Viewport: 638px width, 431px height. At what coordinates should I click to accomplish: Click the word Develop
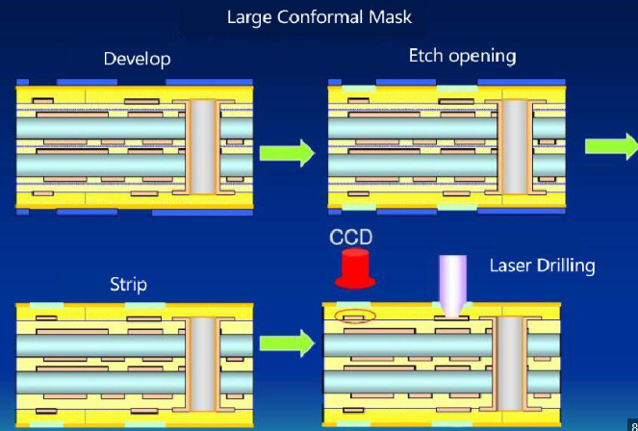(x=137, y=60)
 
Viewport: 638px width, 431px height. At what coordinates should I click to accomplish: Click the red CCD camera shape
(x=353, y=268)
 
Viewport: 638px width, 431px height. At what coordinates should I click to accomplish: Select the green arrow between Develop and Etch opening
(x=287, y=152)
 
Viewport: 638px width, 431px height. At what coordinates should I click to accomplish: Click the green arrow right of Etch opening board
(x=612, y=146)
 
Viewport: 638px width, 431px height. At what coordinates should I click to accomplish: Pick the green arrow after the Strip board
(x=287, y=342)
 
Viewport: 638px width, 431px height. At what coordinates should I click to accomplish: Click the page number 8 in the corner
(x=631, y=424)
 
